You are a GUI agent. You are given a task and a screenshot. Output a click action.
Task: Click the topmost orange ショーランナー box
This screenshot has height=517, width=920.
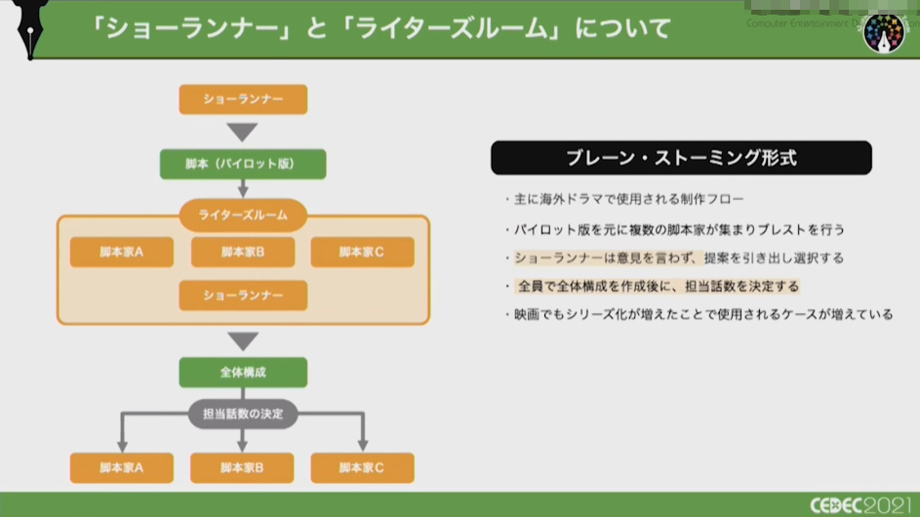(243, 99)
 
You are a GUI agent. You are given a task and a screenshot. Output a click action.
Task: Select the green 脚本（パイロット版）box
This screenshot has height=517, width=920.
(243, 164)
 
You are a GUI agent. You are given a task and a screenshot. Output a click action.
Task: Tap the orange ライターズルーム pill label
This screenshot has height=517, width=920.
(243, 215)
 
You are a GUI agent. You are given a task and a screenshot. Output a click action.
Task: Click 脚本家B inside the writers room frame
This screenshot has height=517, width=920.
(243, 252)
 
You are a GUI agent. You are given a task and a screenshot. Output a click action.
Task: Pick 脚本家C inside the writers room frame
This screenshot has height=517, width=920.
(362, 252)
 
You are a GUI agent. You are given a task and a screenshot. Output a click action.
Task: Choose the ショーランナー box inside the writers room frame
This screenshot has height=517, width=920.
(243, 295)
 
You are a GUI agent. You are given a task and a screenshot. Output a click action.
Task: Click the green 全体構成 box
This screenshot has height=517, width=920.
(243, 373)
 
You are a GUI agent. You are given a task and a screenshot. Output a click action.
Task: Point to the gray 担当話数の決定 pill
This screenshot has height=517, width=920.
(243, 414)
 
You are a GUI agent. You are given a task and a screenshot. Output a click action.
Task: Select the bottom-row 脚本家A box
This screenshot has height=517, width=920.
(122, 468)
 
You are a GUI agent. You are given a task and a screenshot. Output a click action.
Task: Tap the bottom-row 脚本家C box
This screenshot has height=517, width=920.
(362, 468)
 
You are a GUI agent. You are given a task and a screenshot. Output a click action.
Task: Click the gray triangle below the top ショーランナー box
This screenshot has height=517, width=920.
(243, 132)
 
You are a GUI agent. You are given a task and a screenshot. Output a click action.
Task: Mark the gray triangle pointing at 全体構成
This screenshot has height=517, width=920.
(243, 340)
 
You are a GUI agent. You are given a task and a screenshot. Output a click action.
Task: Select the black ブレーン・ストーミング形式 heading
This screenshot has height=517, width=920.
(681, 158)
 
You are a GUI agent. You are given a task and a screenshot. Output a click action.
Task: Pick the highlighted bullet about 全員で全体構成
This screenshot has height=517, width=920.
(657, 286)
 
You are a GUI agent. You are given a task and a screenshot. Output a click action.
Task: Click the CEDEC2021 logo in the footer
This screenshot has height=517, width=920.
(860, 504)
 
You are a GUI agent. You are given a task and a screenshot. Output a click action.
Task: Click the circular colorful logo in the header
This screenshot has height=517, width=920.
(884, 32)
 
